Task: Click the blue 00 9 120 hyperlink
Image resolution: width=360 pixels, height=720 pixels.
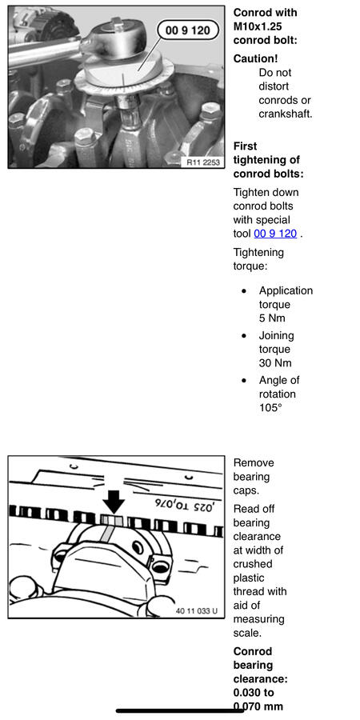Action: [x=275, y=234]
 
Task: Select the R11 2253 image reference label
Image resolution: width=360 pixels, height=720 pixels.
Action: [x=203, y=162]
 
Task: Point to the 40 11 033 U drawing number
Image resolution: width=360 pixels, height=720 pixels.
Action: [x=197, y=611]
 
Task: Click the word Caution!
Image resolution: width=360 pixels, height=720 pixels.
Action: [x=255, y=58]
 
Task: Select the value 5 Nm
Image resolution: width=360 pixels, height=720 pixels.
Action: [x=272, y=318]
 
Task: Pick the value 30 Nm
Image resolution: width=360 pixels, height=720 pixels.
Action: [x=275, y=362]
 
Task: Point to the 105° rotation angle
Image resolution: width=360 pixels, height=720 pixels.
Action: [x=270, y=407]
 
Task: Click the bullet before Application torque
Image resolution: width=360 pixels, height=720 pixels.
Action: [x=244, y=291]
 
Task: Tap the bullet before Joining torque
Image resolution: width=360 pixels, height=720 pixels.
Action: [x=244, y=336]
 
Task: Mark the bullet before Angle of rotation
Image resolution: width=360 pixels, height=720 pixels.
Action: [x=244, y=381]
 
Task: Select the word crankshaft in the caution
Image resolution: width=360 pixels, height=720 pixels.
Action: [x=285, y=114]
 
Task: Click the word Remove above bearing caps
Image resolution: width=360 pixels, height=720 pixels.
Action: [x=254, y=462]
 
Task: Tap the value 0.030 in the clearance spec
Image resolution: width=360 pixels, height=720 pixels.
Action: [x=247, y=693]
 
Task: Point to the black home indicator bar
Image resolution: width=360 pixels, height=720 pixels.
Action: [x=179, y=711]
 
